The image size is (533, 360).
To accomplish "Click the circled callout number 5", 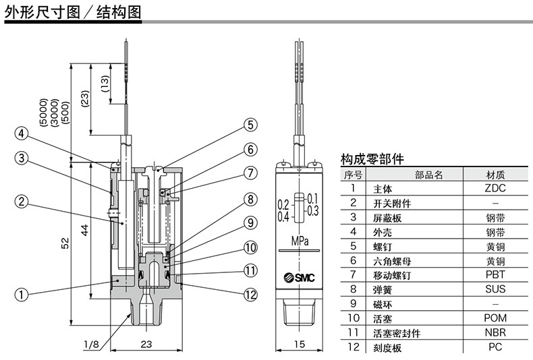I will point(250,125).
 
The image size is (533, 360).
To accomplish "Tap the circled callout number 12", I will point(250,293).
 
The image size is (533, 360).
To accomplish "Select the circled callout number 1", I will point(22,294).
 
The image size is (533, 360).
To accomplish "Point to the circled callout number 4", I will point(22,133).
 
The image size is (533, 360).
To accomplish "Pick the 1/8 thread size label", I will point(91,344).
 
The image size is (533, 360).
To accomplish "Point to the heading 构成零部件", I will point(372,160).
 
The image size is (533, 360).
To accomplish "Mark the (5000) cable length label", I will point(43,111).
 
